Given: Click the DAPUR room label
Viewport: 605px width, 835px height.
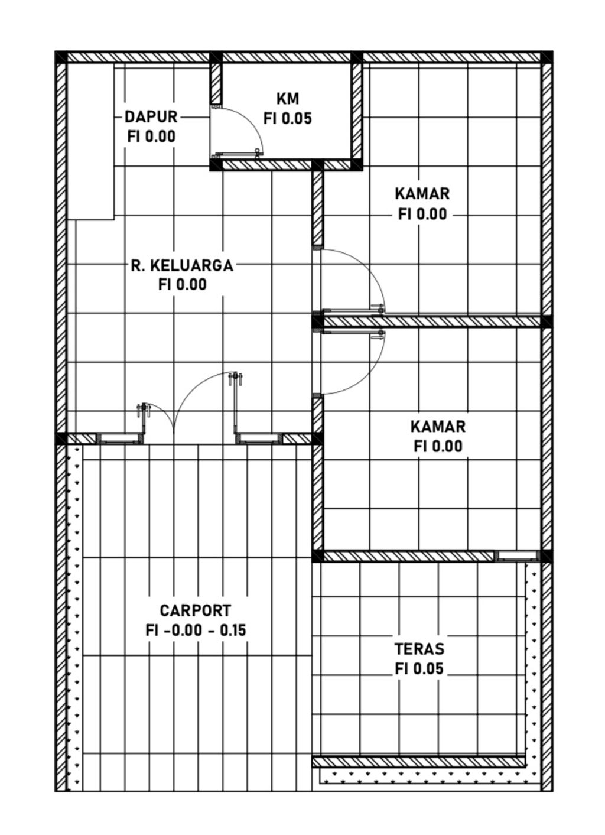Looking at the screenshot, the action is [151, 116].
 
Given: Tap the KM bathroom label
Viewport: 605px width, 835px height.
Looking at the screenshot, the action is [288, 99].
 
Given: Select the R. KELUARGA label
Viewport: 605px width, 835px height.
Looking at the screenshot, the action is [182, 266].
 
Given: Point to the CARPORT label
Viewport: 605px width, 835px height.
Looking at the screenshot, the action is [196, 610].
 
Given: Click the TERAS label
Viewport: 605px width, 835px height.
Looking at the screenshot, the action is [419, 649].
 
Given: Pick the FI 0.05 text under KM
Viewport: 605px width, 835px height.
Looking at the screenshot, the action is [288, 119].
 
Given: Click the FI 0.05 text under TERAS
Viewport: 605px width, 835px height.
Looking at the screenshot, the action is [419, 669].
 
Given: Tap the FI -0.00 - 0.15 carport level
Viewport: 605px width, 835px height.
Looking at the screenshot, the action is [196, 631].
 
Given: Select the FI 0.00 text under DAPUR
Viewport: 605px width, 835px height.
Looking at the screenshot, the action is [151, 137].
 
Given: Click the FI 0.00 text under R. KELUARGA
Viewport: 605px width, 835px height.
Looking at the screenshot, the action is [183, 285].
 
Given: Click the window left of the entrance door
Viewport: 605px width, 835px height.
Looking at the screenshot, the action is [120, 438].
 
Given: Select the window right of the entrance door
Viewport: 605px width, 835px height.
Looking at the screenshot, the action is [259, 438].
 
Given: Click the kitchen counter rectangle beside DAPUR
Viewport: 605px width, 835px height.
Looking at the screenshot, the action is [90, 141].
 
